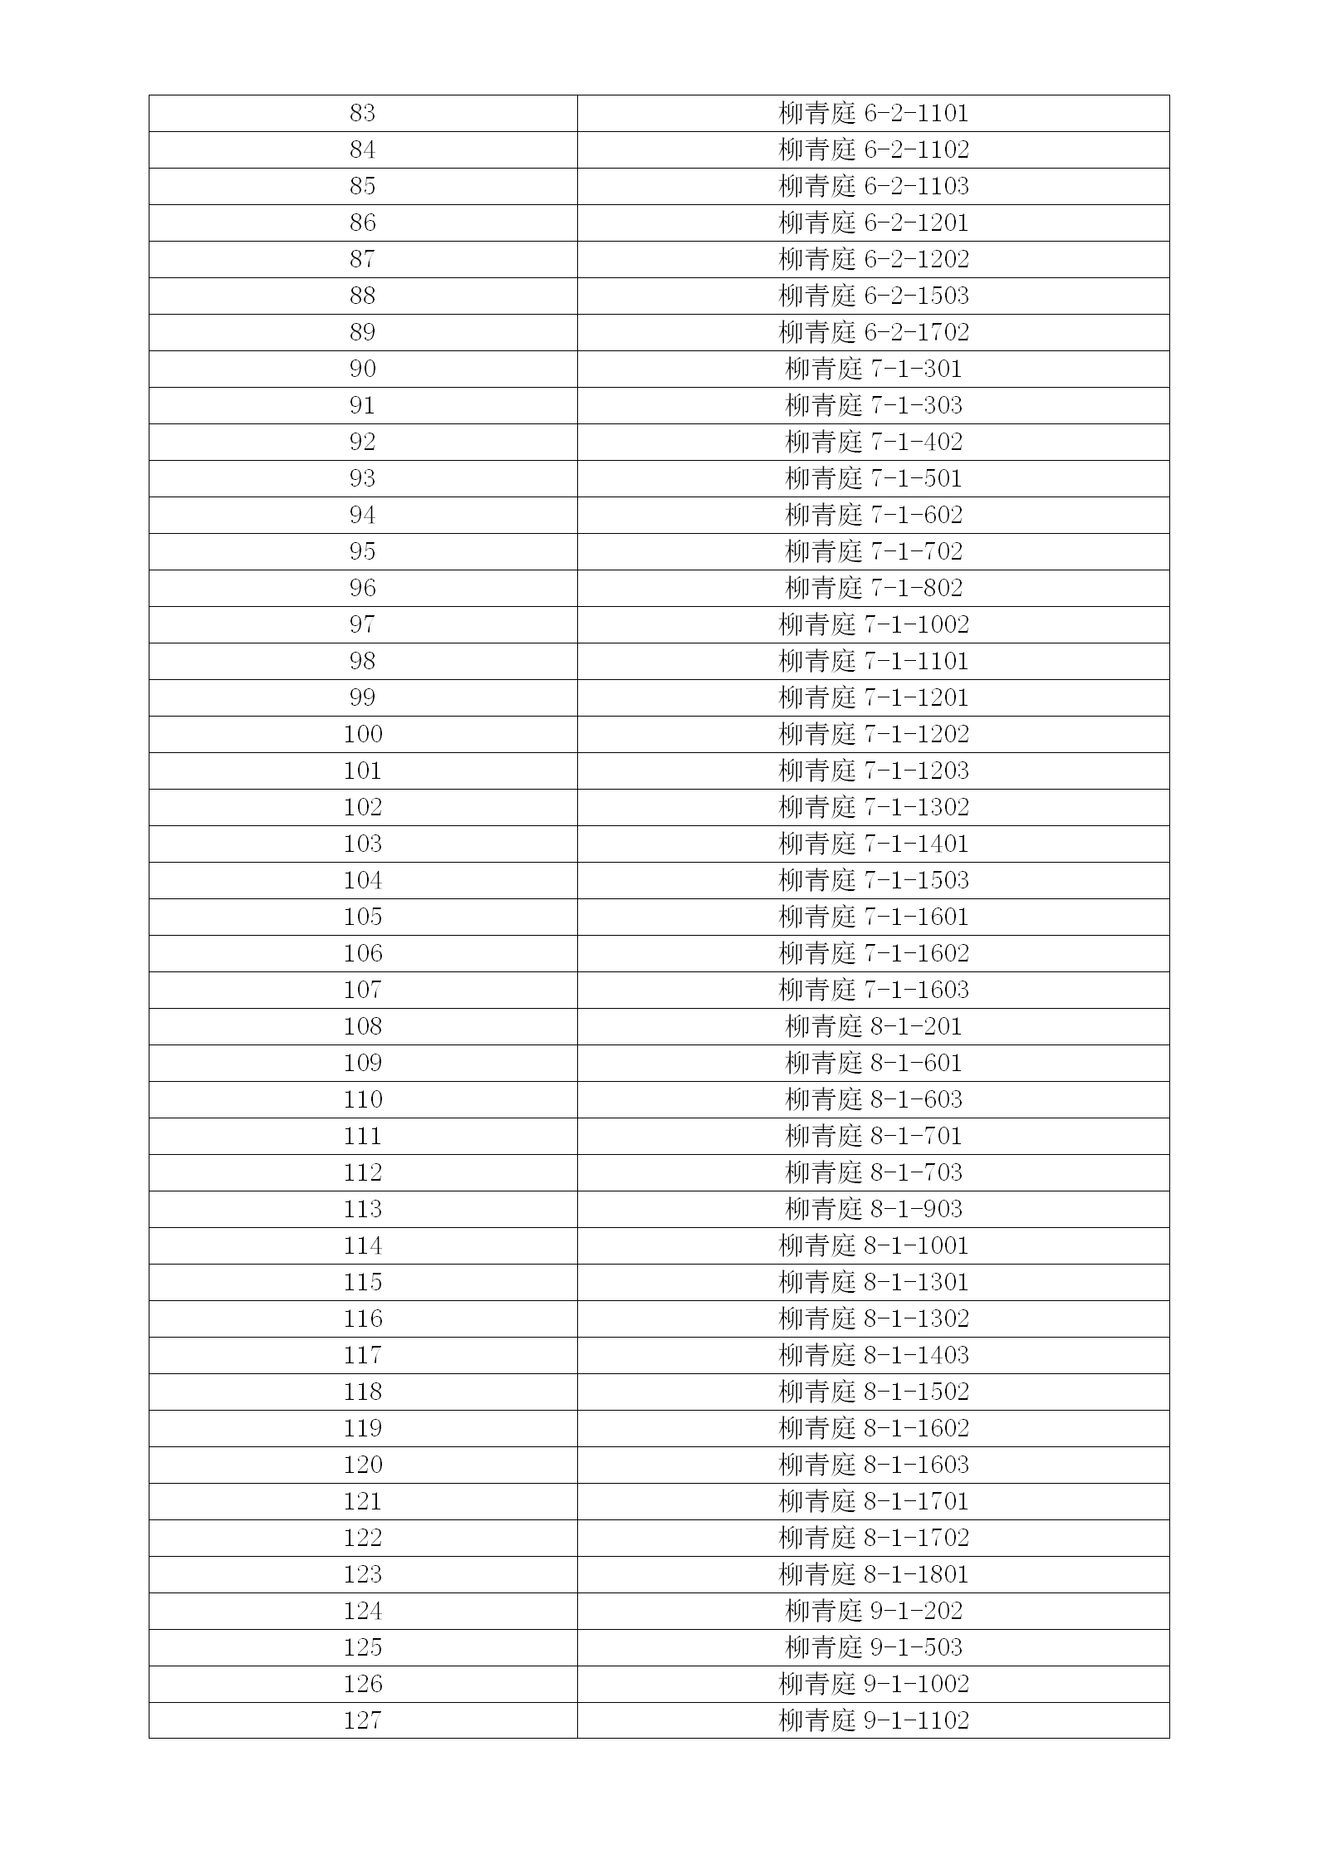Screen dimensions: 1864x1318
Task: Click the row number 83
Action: coord(362,113)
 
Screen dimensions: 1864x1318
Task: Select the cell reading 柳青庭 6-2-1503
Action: coord(874,296)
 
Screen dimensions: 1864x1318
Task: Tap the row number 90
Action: coord(362,369)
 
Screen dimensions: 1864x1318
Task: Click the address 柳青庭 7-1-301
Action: coord(874,369)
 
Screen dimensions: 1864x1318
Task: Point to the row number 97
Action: coord(362,624)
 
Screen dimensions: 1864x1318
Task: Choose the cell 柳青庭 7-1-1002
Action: coord(874,624)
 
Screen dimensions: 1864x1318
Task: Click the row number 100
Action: coord(362,734)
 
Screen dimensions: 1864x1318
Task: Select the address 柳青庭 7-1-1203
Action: coord(874,771)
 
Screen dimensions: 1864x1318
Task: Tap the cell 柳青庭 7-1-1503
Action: coord(874,880)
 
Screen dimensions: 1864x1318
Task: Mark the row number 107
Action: coord(362,990)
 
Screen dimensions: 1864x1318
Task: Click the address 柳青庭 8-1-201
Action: coord(874,1026)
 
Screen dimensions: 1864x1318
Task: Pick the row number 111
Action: coord(362,1136)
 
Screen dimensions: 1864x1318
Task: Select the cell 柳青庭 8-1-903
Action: coord(874,1209)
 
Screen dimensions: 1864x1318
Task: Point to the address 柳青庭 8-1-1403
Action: coord(874,1355)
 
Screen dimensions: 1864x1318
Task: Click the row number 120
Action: coord(362,1465)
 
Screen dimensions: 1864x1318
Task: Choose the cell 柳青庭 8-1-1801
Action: coord(874,1574)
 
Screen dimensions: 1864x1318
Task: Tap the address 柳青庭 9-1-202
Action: coord(874,1611)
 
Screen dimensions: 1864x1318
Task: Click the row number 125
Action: coord(362,1647)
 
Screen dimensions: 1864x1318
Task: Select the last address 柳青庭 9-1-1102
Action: coord(874,1720)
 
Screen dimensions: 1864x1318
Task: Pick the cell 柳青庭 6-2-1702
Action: coord(874,332)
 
